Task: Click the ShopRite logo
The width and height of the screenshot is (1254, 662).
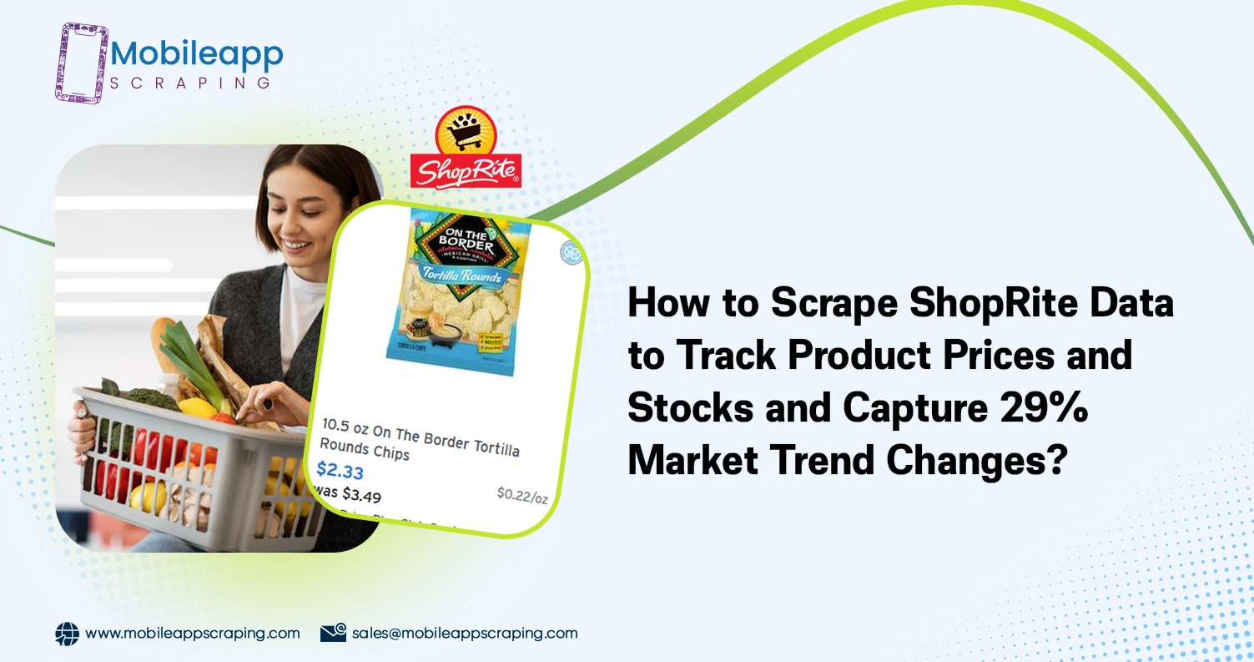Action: click(x=466, y=149)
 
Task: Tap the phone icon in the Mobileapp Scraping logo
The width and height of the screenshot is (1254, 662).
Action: click(x=81, y=63)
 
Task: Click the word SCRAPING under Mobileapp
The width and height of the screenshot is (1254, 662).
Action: click(x=189, y=83)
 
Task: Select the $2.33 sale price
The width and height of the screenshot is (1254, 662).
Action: click(x=340, y=471)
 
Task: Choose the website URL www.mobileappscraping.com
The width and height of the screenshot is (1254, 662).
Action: click(x=193, y=633)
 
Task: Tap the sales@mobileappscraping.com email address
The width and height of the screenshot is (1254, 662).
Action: click(x=464, y=633)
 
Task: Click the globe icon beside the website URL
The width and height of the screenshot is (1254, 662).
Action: click(x=67, y=634)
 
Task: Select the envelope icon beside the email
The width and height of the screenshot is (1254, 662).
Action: click(x=333, y=633)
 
